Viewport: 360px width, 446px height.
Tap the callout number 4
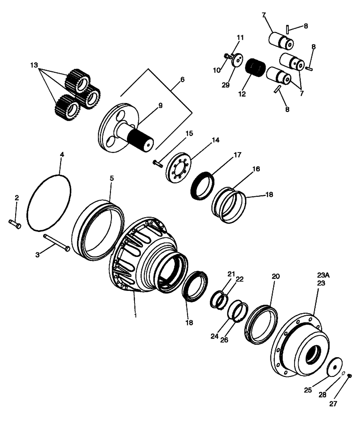62,155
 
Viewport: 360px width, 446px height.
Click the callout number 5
112,178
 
